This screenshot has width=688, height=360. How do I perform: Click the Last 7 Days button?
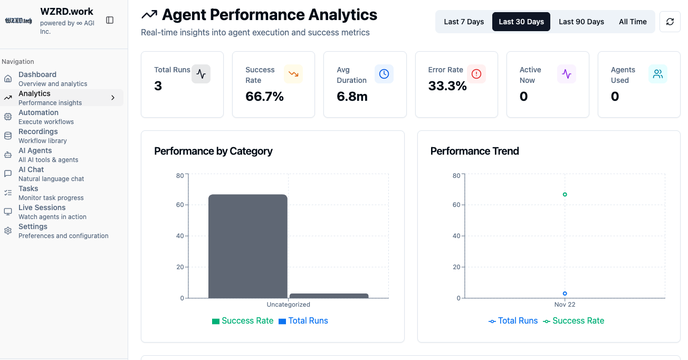pyautogui.click(x=464, y=22)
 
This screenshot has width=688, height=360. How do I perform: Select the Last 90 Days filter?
pyautogui.click(x=581, y=22)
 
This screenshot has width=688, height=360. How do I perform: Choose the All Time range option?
pyautogui.click(x=633, y=22)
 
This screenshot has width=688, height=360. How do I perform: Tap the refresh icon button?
pyautogui.click(x=670, y=22)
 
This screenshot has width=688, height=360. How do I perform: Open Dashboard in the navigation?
pyautogui.click(x=37, y=79)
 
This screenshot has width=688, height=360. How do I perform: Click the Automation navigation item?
pyautogui.click(x=39, y=117)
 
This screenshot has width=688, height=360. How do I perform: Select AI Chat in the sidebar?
pyautogui.click(x=31, y=174)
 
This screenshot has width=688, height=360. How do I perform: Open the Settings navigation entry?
pyautogui.click(x=33, y=231)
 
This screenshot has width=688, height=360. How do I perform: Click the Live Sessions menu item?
pyautogui.click(x=42, y=212)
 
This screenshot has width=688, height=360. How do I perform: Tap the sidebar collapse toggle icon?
pyautogui.click(x=110, y=20)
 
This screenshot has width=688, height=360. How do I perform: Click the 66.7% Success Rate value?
pyautogui.click(x=264, y=97)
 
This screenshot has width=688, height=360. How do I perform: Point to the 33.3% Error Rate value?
pyautogui.click(x=447, y=86)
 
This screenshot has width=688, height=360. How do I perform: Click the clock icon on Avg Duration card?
pyautogui.click(x=384, y=74)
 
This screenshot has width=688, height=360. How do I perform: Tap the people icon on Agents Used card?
pyautogui.click(x=658, y=74)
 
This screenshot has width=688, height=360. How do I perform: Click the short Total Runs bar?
pyautogui.click(x=329, y=296)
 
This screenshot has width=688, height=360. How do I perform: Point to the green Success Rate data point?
pyautogui.click(x=565, y=194)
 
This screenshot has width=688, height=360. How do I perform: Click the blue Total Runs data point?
pyautogui.click(x=565, y=293)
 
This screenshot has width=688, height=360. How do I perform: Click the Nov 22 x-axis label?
pyautogui.click(x=565, y=305)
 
